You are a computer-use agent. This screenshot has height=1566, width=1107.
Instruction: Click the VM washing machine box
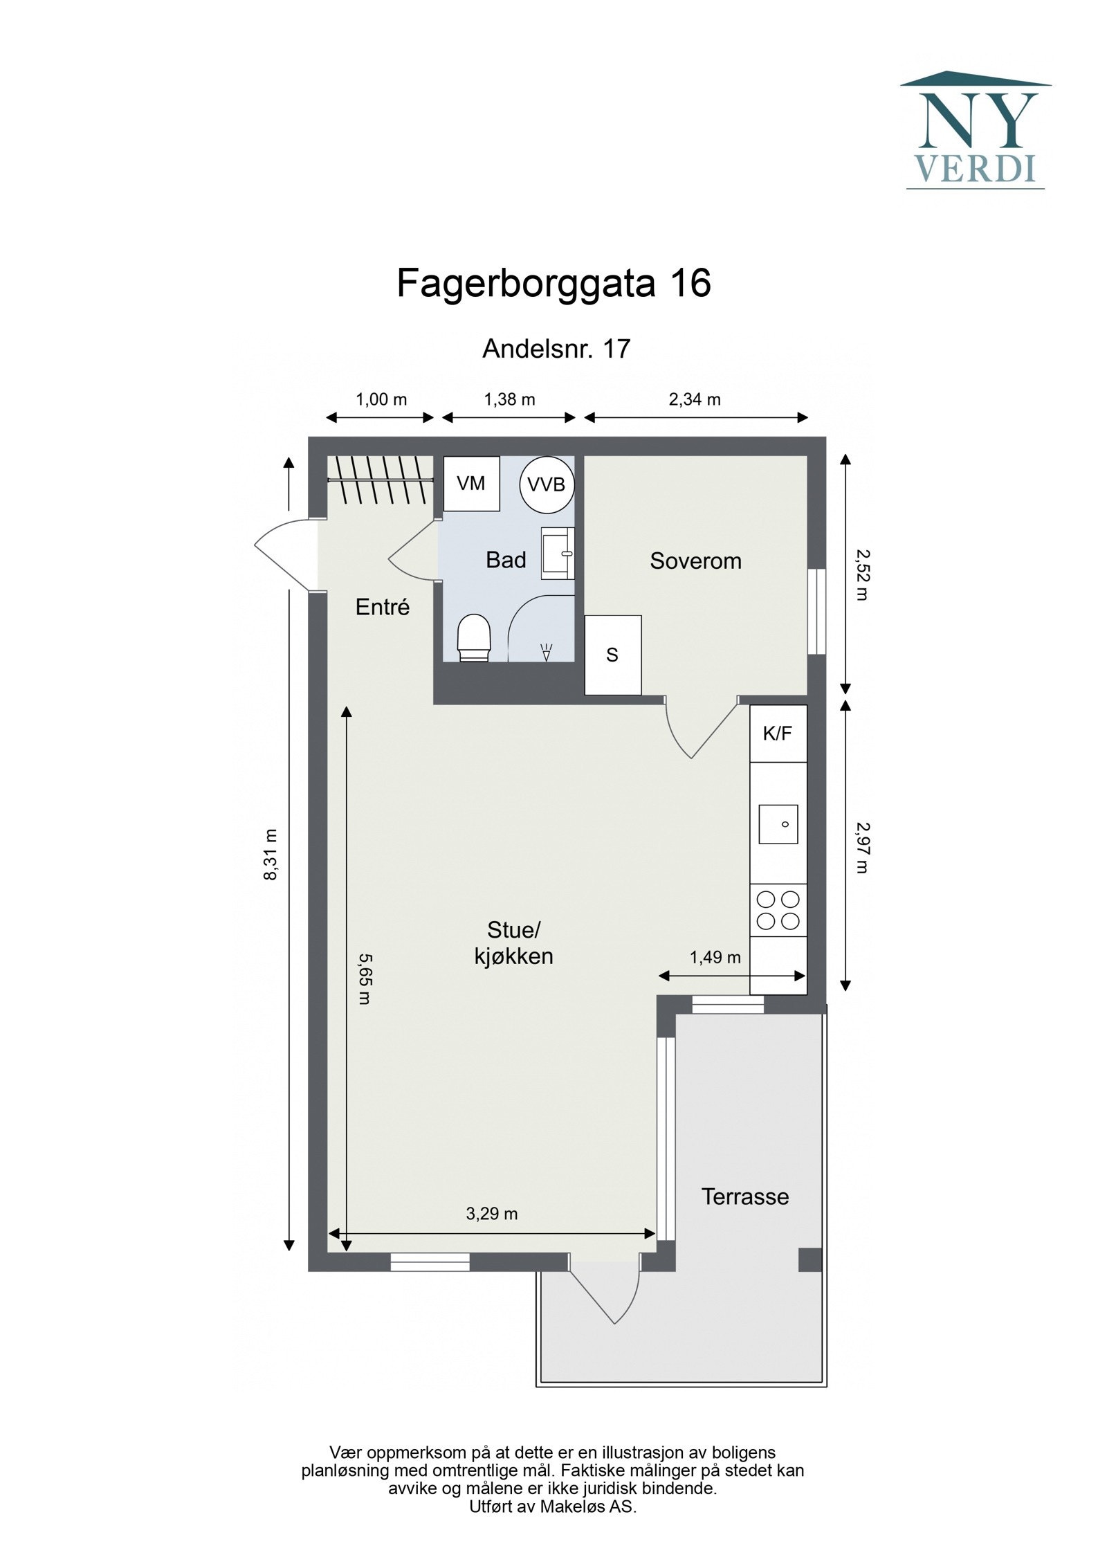[470, 483]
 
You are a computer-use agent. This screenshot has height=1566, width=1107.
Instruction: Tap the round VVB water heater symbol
[547, 484]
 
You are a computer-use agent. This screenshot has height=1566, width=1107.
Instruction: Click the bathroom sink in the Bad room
[558, 552]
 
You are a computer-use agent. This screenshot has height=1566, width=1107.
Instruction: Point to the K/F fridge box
[778, 734]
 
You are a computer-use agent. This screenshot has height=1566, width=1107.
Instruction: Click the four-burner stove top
[778, 910]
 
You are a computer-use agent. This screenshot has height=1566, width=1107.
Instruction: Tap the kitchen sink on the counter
[778, 823]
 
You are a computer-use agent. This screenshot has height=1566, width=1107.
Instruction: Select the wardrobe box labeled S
[612, 655]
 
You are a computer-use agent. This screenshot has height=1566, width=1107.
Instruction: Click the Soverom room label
[695, 561]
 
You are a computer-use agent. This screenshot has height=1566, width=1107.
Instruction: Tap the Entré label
[382, 607]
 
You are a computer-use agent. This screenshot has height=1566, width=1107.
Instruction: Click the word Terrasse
[744, 1196]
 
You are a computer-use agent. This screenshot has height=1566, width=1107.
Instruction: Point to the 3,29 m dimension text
[491, 1213]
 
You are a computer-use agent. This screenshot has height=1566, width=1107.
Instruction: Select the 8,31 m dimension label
[271, 855]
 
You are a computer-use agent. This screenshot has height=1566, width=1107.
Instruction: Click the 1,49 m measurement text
[715, 957]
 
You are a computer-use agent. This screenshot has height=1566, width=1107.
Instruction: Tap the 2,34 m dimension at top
[695, 399]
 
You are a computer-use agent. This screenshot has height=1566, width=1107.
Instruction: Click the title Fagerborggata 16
[553, 283]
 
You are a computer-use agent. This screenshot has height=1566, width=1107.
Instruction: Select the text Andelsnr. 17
[556, 348]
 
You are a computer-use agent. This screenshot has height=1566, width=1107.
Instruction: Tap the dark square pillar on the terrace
[809, 1259]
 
